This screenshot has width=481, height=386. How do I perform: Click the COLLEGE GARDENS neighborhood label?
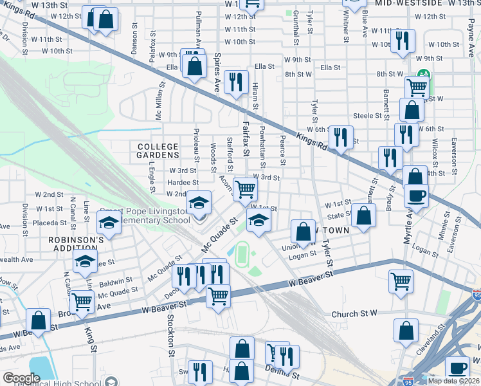(158, 151)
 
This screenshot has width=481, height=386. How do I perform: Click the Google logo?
(21, 378)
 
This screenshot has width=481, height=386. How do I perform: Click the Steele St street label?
(368, 116)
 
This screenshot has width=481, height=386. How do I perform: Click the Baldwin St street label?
(116, 281)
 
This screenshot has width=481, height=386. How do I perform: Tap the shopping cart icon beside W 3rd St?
(245, 188)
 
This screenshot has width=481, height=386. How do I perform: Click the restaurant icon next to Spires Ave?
(235, 81)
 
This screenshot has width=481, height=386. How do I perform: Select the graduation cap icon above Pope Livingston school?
(199, 203)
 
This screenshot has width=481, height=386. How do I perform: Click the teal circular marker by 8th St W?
(424, 74)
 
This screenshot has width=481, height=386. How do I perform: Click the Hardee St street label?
(178, 182)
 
